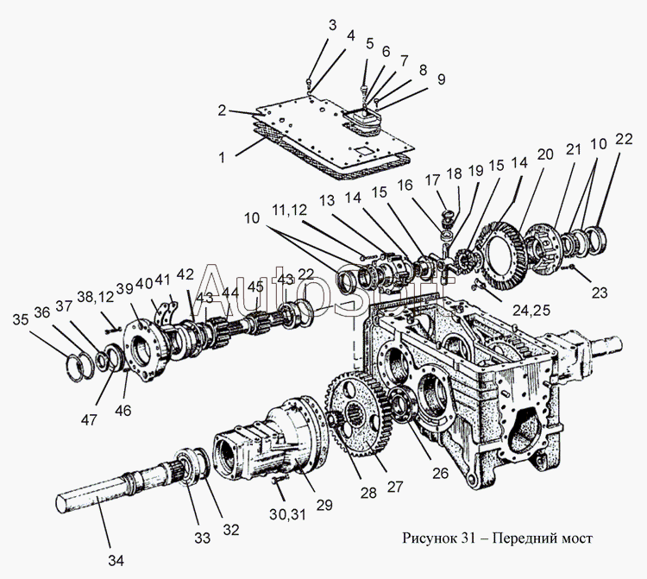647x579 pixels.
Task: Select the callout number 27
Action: pyautogui.click(x=395, y=486)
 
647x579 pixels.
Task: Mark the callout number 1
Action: pyautogui.click(x=222, y=158)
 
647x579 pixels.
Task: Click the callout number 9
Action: pyautogui.click(x=441, y=80)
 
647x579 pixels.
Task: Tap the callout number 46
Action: pyautogui.click(x=123, y=411)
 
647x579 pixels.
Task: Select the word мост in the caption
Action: pyautogui.click(x=575, y=539)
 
